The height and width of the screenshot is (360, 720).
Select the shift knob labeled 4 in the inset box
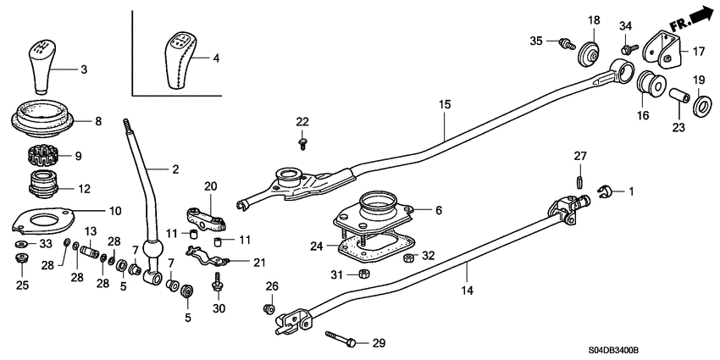coord(178,60)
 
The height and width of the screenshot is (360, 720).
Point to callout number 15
coord(446,105)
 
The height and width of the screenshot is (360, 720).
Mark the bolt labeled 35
coord(565,42)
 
